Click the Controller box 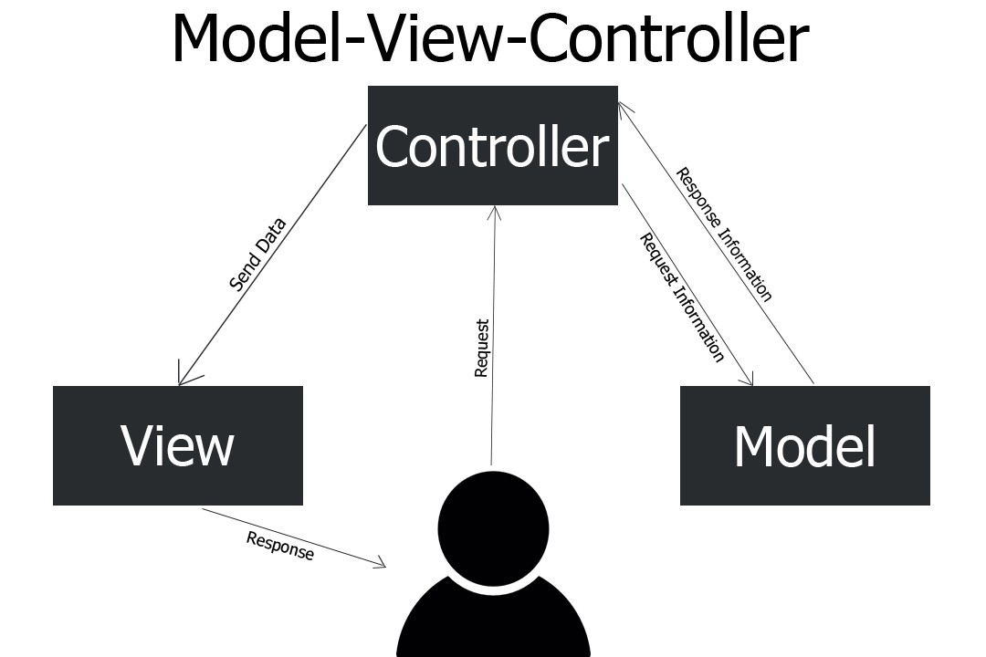(492, 145)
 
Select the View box (177, 445)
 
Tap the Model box (804, 445)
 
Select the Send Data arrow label (257, 255)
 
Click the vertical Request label (482, 348)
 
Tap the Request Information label (682, 297)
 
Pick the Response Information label (724, 234)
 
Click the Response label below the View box (280, 546)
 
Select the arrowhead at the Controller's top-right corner (622, 106)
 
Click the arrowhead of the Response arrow (381, 565)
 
